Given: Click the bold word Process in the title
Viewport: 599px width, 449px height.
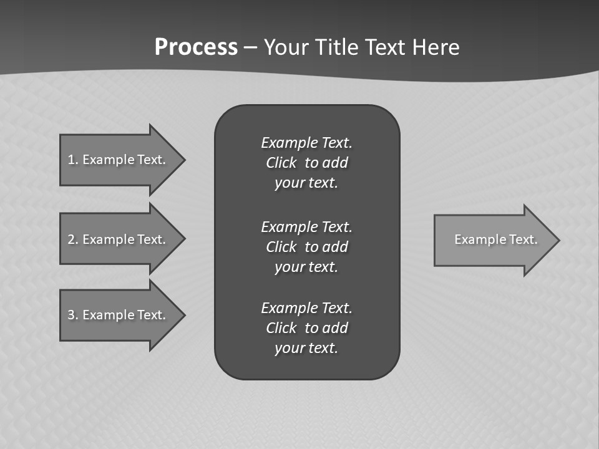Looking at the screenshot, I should tap(196, 47).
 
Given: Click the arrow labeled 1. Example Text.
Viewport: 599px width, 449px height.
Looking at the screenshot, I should tap(119, 160).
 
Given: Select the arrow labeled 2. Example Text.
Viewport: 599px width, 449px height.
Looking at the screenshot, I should tap(119, 239).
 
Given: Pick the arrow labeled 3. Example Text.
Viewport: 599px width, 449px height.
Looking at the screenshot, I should tap(119, 315).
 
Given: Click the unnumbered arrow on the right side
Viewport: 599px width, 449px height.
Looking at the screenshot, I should tap(493, 239).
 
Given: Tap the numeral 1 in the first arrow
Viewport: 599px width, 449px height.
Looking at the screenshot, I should tap(71, 160).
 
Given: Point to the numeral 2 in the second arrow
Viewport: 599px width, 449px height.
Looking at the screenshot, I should tap(71, 239).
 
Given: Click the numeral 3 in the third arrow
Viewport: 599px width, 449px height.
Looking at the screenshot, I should tap(71, 315).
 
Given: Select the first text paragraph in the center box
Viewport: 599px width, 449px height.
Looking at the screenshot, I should tap(306, 163).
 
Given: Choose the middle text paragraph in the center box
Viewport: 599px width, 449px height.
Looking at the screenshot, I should tap(306, 247).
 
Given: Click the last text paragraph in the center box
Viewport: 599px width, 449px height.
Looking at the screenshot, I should tap(306, 328).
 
